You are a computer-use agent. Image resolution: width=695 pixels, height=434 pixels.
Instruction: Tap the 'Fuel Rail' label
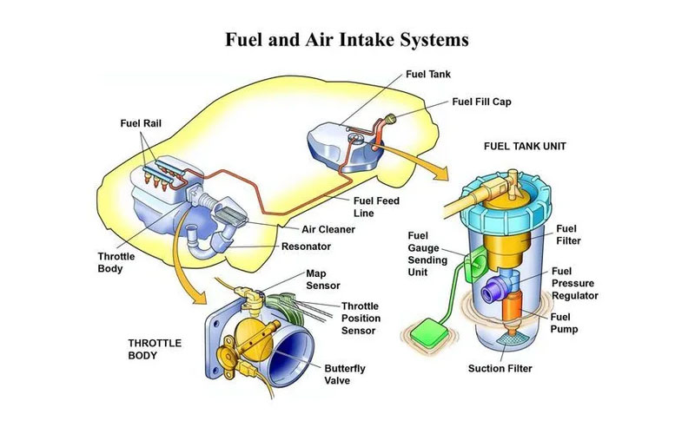(142, 122)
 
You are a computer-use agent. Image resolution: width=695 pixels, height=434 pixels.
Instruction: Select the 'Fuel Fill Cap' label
(481, 102)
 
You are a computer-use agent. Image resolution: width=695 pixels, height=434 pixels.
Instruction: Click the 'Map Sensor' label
(322, 279)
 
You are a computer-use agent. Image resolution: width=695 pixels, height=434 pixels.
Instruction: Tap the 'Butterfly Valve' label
(345, 374)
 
